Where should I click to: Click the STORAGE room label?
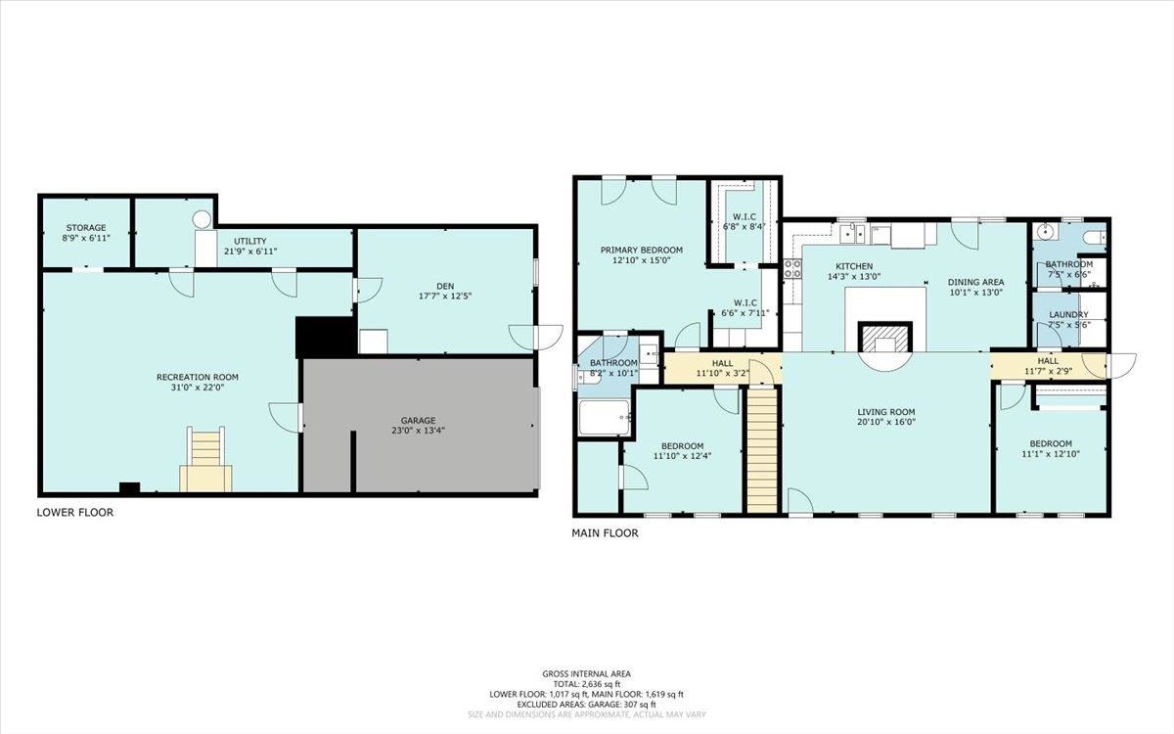(x=86, y=227)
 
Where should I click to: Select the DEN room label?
(x=445, y=283)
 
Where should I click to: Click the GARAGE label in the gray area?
(x=418, y=420)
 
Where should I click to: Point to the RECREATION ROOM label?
(x=198, y=377)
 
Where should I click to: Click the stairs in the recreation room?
(x=205, y=460)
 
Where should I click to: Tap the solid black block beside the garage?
(x=324, y=337)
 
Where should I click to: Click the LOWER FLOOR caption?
(x=75, y=512)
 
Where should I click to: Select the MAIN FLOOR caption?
(x=605, y=533)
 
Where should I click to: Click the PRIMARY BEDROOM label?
(x=642, y=251)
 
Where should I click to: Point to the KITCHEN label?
(x=853, y=266)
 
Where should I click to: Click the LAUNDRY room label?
(x=1067, y=315)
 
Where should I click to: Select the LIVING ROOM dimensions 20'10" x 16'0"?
(x=886, y=423)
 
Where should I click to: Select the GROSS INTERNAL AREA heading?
(x=586, y=673)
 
